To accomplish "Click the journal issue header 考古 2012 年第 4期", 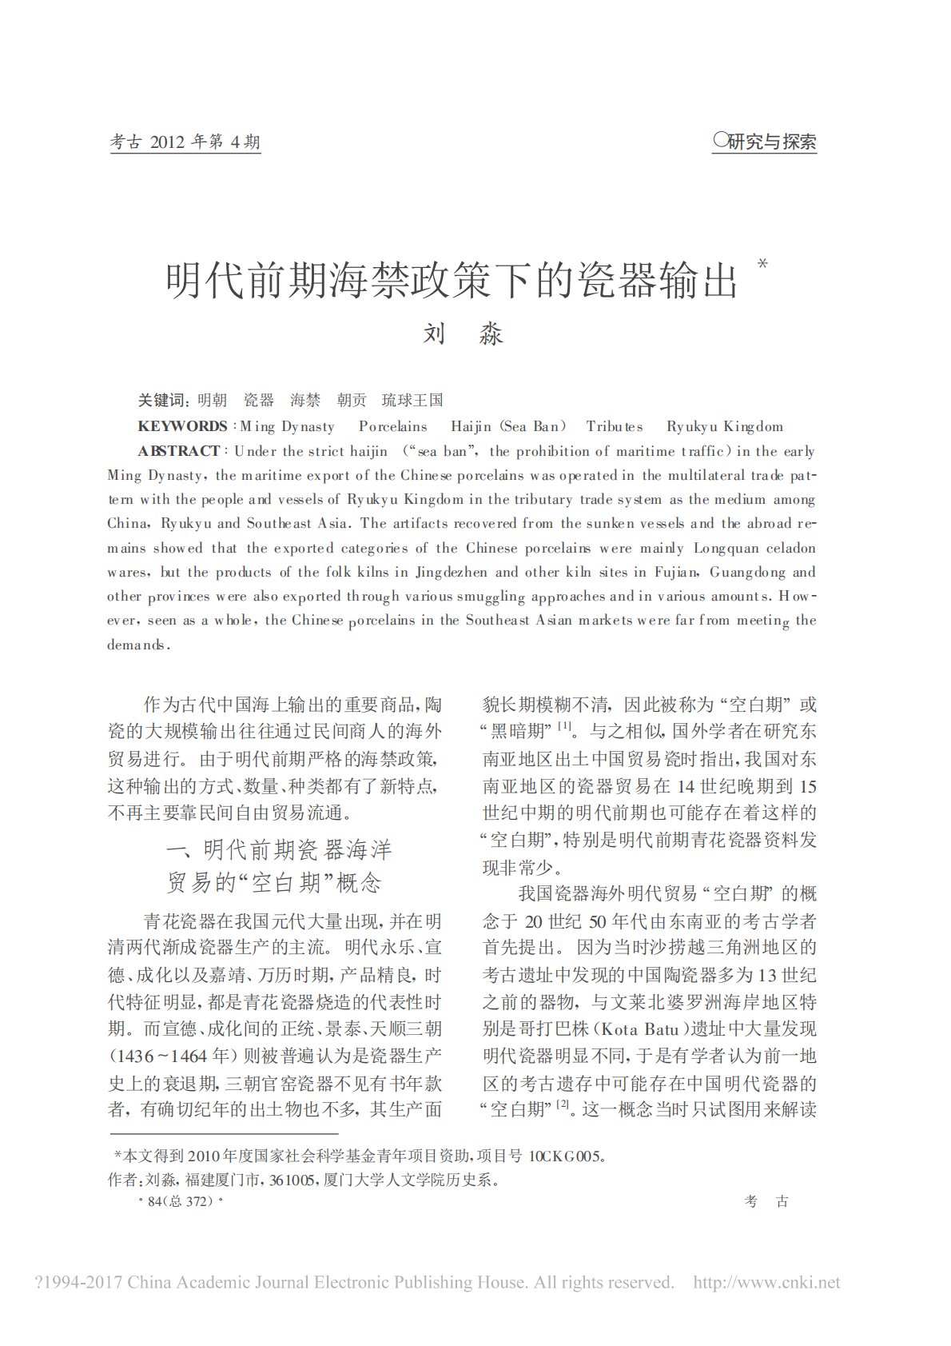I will [x=185, y=142].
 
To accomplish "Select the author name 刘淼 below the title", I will [x=463, y=334].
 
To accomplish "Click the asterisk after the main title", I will [x=762, y=263].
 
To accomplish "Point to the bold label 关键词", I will [x=162, y=401].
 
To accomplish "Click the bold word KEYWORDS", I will [x=183, y=426].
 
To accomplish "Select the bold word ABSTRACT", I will [x=179, y=451].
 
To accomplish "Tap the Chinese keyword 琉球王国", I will [x=412, y=401].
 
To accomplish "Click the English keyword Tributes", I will [x=615, y=426].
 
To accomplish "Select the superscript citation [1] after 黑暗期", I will [x=564, y=727].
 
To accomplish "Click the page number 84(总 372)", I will [x=181, y=1202].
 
